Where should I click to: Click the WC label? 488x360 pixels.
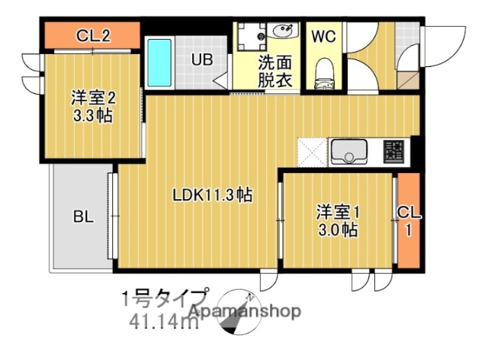point(322,36)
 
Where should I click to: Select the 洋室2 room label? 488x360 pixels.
point(95,98)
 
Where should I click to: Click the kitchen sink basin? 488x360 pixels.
point(349,151)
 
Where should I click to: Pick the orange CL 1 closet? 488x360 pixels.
point(409,220)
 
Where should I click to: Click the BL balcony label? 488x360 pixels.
point(83,217)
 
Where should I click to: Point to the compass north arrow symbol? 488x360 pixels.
point(237,312)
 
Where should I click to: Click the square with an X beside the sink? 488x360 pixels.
point(313,151)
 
